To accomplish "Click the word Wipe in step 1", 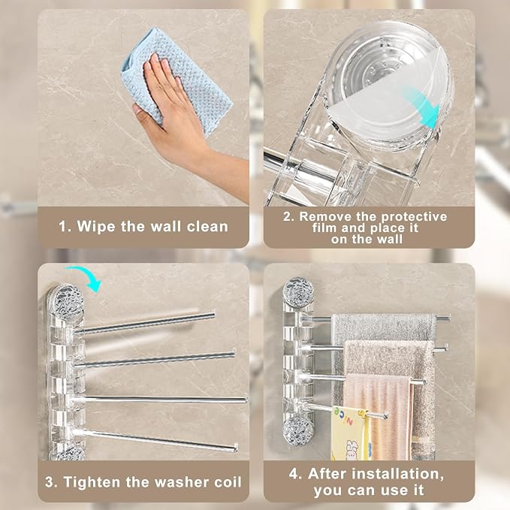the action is [96, 227].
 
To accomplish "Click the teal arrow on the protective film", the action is [423, 107].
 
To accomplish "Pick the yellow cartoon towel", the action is [350, 433].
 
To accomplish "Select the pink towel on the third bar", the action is [379, 416].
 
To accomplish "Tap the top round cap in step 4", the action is [298, 292].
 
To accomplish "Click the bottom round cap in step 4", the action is [298, 430].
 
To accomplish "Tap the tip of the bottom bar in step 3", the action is [235, 448].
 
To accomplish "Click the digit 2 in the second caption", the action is [287, 217].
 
